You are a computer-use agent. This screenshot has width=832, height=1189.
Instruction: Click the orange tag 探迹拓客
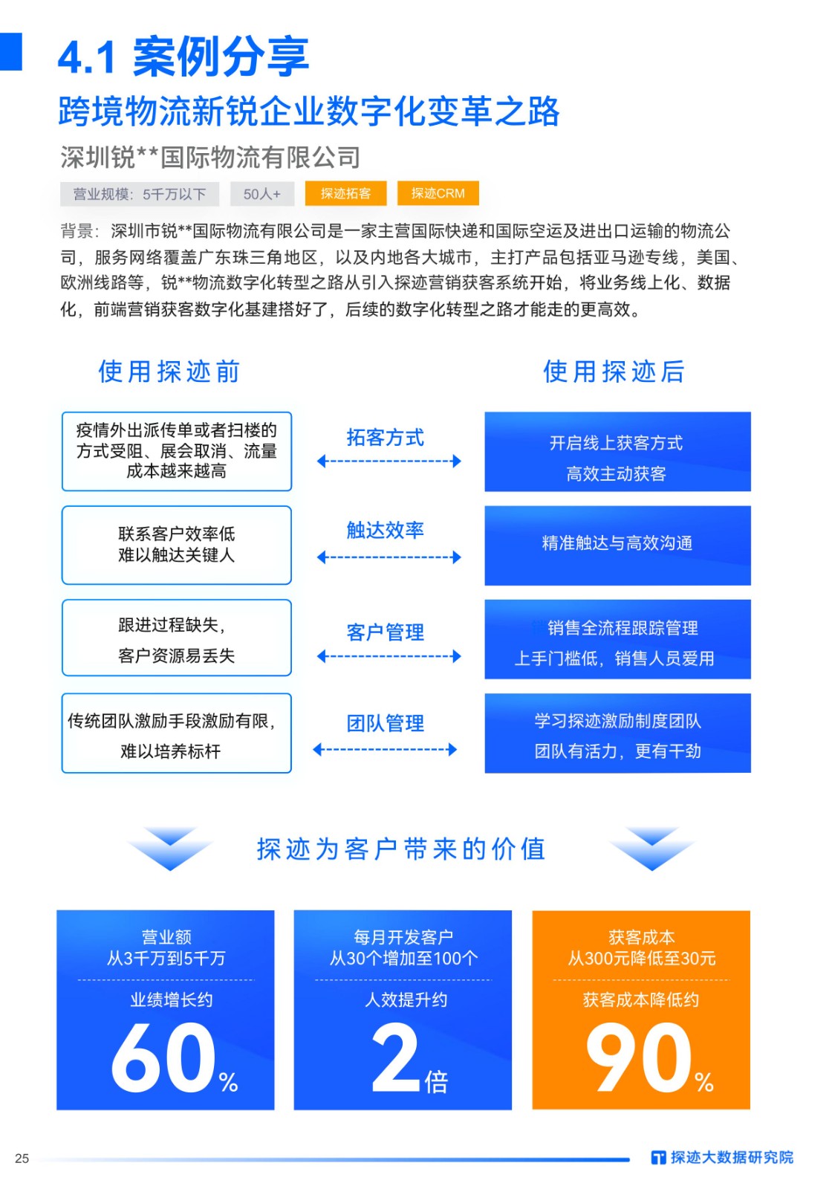[345, 193]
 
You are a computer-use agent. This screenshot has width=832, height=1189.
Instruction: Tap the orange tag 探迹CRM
[438, 193]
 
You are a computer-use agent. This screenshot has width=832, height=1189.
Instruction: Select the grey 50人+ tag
[262, 194]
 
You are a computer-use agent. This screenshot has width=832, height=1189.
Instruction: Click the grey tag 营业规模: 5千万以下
[140, 194]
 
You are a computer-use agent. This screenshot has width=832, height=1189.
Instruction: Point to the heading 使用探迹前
[169, 371]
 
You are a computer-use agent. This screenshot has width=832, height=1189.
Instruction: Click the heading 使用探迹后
[614, 371]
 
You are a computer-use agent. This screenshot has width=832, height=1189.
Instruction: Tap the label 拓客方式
[386, 438]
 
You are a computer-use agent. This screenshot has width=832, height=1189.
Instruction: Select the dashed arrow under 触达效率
[389, 557]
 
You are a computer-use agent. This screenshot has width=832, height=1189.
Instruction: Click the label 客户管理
[386, 632]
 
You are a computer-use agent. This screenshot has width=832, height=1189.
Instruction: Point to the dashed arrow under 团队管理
[385, 750]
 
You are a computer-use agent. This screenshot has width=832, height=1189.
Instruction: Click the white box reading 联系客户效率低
[177, 545]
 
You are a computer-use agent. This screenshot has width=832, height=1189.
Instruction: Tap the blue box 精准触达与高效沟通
[617, 545]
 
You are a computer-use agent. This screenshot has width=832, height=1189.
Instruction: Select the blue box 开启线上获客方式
[617, 452]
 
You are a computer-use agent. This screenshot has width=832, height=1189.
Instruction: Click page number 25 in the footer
[22, 1159]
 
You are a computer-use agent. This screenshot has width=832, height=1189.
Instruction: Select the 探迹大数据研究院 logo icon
[658, 1158]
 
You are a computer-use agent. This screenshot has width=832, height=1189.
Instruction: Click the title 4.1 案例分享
[183, 56]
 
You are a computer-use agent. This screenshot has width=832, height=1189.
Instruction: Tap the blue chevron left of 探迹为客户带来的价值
[170, 848]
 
